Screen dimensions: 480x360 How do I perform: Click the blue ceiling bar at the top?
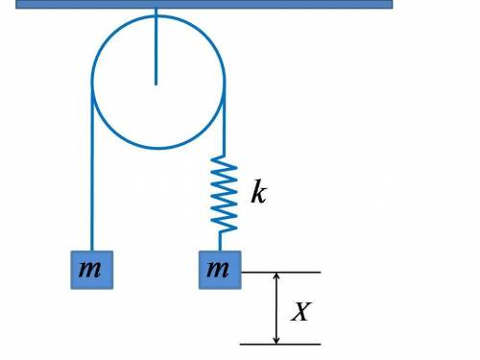pyautogui.click(x=204, y=4)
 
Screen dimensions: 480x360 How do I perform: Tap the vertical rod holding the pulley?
pyautogui.click(x=156, y=46)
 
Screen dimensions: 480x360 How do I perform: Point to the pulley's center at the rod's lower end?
pyautogui.click(x=156, y=84)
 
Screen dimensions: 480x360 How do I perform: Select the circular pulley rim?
pyautogui.click(x=92, y=82)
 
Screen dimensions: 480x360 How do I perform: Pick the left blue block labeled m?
pyautogui.click(x=92, y=270)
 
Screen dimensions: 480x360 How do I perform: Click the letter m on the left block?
pyautogui.click(x=90, y=269)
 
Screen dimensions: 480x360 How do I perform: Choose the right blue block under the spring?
pyautogui.click(x=220, y=270)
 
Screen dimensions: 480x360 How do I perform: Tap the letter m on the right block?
pyautogui.click(x=218, y=269)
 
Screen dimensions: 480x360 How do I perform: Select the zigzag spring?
pyautogui.click(x=224, y=194)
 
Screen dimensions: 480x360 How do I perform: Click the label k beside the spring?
pyautogui.click(x=258, y=191)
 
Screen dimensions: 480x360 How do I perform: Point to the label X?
pyautogui.click(x=300, y=311)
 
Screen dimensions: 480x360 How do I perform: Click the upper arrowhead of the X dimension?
pyautogui.click(x=276, y=276)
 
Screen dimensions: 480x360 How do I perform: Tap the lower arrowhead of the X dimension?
pyautogui.click(x=276, y=340)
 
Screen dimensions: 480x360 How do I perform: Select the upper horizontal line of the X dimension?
pyautogui.click(x=281, y=273)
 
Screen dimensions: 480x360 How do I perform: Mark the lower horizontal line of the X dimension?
pyautogui.click(x=280, y=345)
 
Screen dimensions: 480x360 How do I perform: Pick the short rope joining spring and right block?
pyautogui.click(x=220, y=242)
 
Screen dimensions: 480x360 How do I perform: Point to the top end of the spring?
pyautogui.click(x=224, y=156)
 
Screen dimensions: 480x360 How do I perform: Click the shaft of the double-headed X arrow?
pyautogui.click(x=276, y=308)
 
